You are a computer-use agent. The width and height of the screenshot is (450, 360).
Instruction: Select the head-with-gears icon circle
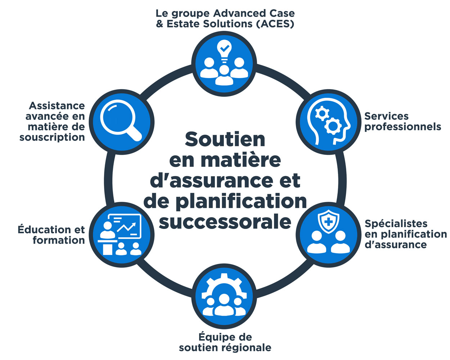pos(328,121)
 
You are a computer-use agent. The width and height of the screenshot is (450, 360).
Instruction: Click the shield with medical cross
pos(328,221)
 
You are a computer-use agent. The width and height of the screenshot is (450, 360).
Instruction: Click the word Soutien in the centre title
pos(225,139)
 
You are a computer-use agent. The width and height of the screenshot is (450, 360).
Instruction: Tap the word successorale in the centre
pos(225,222)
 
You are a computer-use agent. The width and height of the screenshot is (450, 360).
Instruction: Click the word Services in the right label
pos(386,116)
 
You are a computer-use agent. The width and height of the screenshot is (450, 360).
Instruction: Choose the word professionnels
pos(402,127)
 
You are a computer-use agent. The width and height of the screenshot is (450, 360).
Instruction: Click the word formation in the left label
pos(59,240)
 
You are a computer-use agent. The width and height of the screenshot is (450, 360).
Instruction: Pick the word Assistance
pos(57,106)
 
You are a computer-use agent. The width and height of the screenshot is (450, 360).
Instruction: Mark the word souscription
pos(52,137)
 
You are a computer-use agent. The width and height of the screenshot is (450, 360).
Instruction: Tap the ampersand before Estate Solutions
pos(159,24)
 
